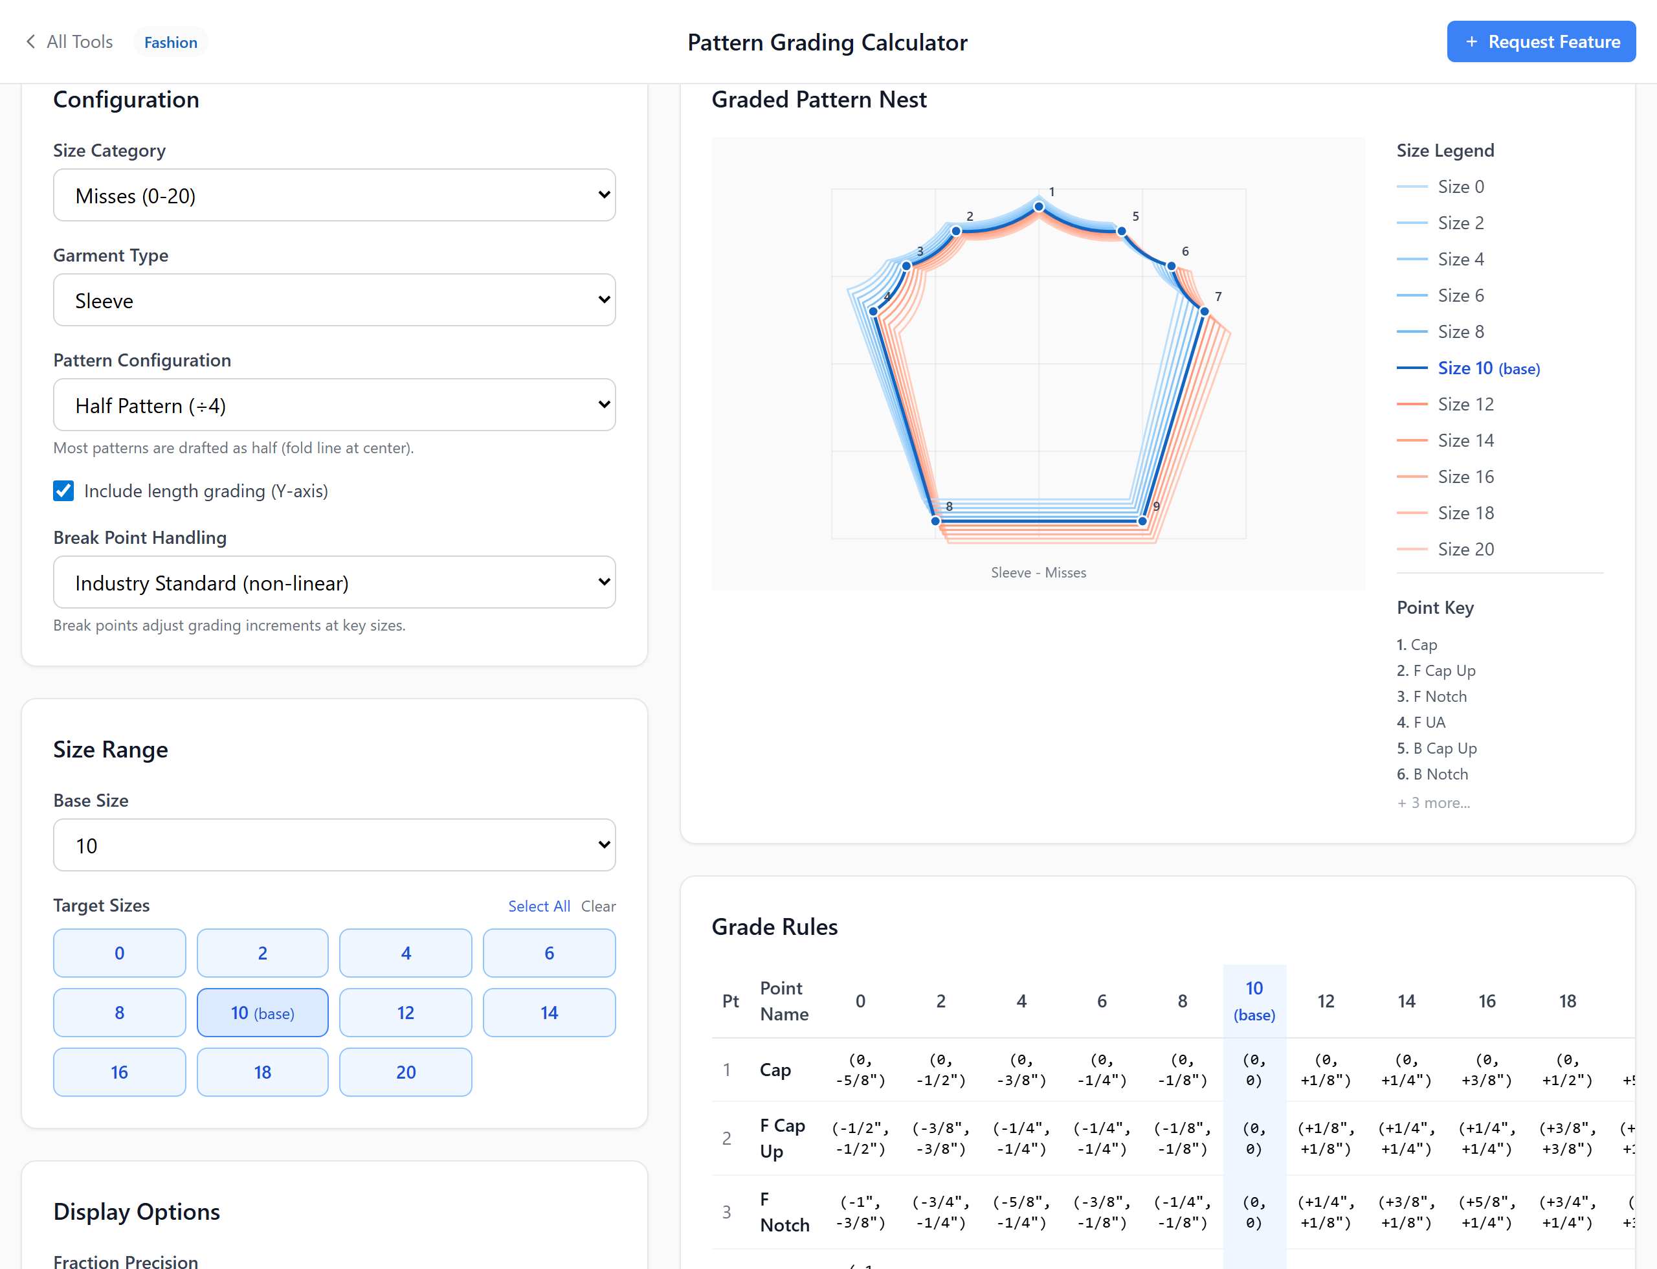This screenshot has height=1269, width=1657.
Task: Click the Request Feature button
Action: [x=1540, y=41]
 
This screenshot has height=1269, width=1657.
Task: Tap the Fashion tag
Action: [x=171, y=42]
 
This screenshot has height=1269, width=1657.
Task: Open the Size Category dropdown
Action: [x=334, y=195]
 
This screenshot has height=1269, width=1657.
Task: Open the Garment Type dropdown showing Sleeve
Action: [x=334, y=300]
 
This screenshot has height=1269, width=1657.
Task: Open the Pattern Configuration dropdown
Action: [x=334, y=405]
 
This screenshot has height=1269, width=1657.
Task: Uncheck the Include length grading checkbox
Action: [x=63, y=491]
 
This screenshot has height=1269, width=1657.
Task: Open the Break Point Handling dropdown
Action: [x=334, y=583]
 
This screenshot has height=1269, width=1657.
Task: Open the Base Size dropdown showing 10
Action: [x=334, y=846]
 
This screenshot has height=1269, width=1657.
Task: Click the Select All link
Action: [x=539, y=906]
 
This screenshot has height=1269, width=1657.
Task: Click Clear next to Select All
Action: [x=598, y=906]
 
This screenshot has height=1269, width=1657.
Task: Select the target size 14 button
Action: [x=549, y=1012]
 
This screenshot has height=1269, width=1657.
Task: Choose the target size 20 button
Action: [x=406, y=1072]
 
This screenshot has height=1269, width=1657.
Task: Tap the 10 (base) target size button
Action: [x=262, y=1012]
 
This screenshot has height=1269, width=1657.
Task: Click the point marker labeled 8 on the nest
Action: [x=935, y=521]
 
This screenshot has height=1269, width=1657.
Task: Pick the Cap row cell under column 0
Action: [x=860, y=1070]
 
